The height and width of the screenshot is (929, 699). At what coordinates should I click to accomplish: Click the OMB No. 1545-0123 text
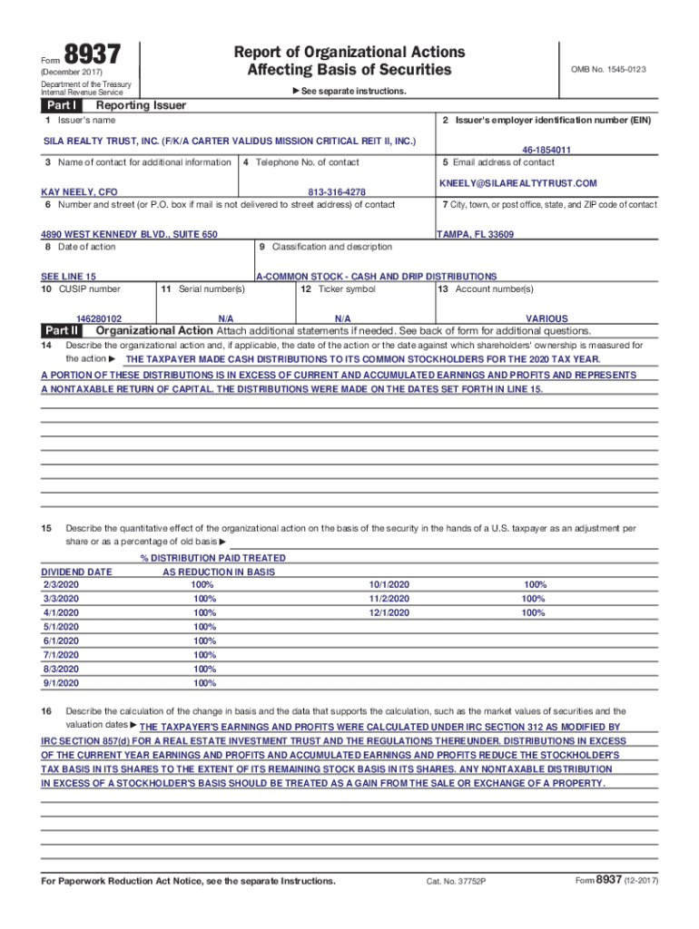pos(608,70)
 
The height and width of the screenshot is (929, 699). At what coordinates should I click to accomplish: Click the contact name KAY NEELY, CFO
pos(79,192)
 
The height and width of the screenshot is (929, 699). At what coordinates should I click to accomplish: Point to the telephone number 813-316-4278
pos(337,192)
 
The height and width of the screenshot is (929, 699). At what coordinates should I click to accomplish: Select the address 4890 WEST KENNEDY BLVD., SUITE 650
pos(130,234)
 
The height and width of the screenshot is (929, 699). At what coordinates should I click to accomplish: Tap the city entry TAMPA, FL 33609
pos(475,234)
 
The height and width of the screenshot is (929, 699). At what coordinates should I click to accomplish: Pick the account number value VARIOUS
pos(547,318)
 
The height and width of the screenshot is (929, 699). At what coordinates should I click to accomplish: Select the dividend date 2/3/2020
pos(62,585)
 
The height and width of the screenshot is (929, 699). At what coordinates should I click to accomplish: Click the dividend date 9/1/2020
pos(62,683)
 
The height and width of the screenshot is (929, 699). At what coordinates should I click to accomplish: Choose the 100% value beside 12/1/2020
pos(534,613)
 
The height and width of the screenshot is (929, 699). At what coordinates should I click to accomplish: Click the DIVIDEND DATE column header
pos(77,572)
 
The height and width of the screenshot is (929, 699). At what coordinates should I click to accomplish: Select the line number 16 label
pos(46,711)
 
